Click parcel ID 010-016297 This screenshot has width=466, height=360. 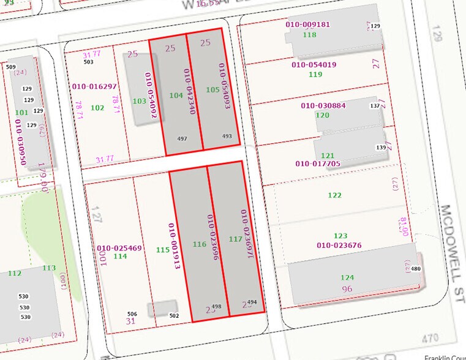94,86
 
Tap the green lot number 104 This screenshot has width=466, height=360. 176,96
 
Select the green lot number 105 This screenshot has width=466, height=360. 212,90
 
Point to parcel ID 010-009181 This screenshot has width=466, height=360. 308,25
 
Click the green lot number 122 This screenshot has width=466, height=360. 334,195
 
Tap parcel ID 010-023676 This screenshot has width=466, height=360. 339,246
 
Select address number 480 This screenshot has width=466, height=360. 416,269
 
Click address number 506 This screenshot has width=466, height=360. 132,313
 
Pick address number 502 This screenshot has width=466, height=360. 174,315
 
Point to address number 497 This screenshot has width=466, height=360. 182,139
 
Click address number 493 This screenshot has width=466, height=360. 227,137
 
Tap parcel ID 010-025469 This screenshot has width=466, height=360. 119,248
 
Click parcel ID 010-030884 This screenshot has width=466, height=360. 323,105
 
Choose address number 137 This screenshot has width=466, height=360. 375,106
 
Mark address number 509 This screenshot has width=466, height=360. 10,67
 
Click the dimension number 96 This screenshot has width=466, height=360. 347,289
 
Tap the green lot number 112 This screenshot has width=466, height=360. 15,273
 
